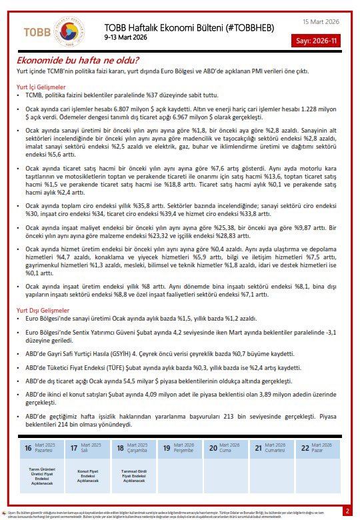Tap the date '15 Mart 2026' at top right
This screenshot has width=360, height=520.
pos(321,22)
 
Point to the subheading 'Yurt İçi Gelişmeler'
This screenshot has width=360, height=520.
pos(41,87)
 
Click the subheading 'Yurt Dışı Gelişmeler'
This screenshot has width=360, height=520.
pos(43,311)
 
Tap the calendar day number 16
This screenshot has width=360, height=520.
pos(28,449)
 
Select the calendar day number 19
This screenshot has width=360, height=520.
pos(166,449)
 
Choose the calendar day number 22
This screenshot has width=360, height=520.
pos(305,449)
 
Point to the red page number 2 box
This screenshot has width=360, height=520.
pos(347,511)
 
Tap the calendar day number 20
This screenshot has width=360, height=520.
pos(213,449)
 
